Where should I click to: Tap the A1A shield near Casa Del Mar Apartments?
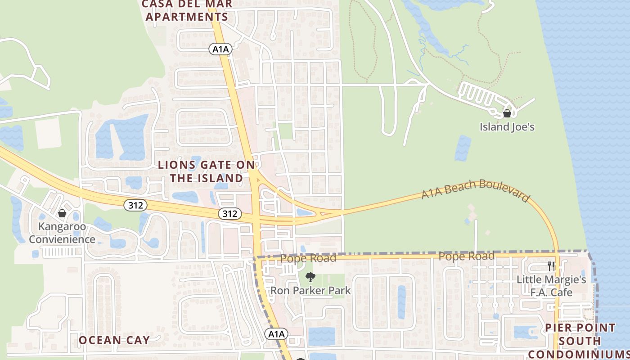(220, 49)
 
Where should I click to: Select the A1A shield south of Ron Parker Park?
(276, 334)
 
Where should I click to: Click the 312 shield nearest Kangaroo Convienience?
(135, 205)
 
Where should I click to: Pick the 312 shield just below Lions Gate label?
(229, 213)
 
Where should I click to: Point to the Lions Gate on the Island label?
(207, 171)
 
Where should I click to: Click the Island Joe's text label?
(507, 127)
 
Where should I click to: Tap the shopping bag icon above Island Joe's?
(507, 113)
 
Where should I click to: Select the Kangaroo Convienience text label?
(62, 233)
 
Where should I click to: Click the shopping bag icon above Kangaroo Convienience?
(62, 213)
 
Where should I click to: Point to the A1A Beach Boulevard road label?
(476, 191)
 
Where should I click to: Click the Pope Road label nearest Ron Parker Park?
(308, 258)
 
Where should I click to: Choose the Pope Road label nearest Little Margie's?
(466, 256)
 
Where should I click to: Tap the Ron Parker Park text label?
(310, 291)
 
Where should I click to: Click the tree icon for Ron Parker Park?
(310, 277)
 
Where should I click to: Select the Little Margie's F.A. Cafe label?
(551, 286)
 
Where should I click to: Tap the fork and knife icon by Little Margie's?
(551, 266)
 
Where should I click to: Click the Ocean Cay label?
(114, 340)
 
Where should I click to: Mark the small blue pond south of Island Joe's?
(463, 148)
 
